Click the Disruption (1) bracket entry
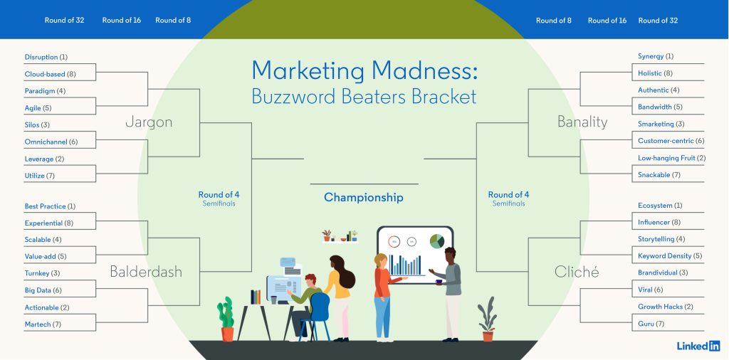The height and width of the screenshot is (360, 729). tap(46, 57)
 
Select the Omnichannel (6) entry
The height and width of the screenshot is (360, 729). tap(51, 142)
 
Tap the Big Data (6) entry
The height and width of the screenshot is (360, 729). tap(43, 290)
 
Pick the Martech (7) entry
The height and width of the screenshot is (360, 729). tap(43, 324)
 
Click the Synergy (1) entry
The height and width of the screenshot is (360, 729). tap(655, 56)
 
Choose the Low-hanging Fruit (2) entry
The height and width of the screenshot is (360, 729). tap(671, 158)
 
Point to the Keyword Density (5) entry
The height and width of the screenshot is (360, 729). tap(669, 256)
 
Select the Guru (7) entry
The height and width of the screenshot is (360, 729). tap(651, 324)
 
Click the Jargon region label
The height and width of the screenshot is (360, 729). tap(149, 122)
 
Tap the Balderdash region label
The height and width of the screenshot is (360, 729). tap(146, 272)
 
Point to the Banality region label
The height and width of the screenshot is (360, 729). tap(582, 122)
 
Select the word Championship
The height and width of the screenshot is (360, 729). tap(364, 198)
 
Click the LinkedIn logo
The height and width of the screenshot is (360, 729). tap(698, 346)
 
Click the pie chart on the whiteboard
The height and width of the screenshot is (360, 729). tap(436, 242)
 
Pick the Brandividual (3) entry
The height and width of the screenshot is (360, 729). tap(662, 272)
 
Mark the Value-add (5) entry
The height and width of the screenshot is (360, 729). tap(45, 256)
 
